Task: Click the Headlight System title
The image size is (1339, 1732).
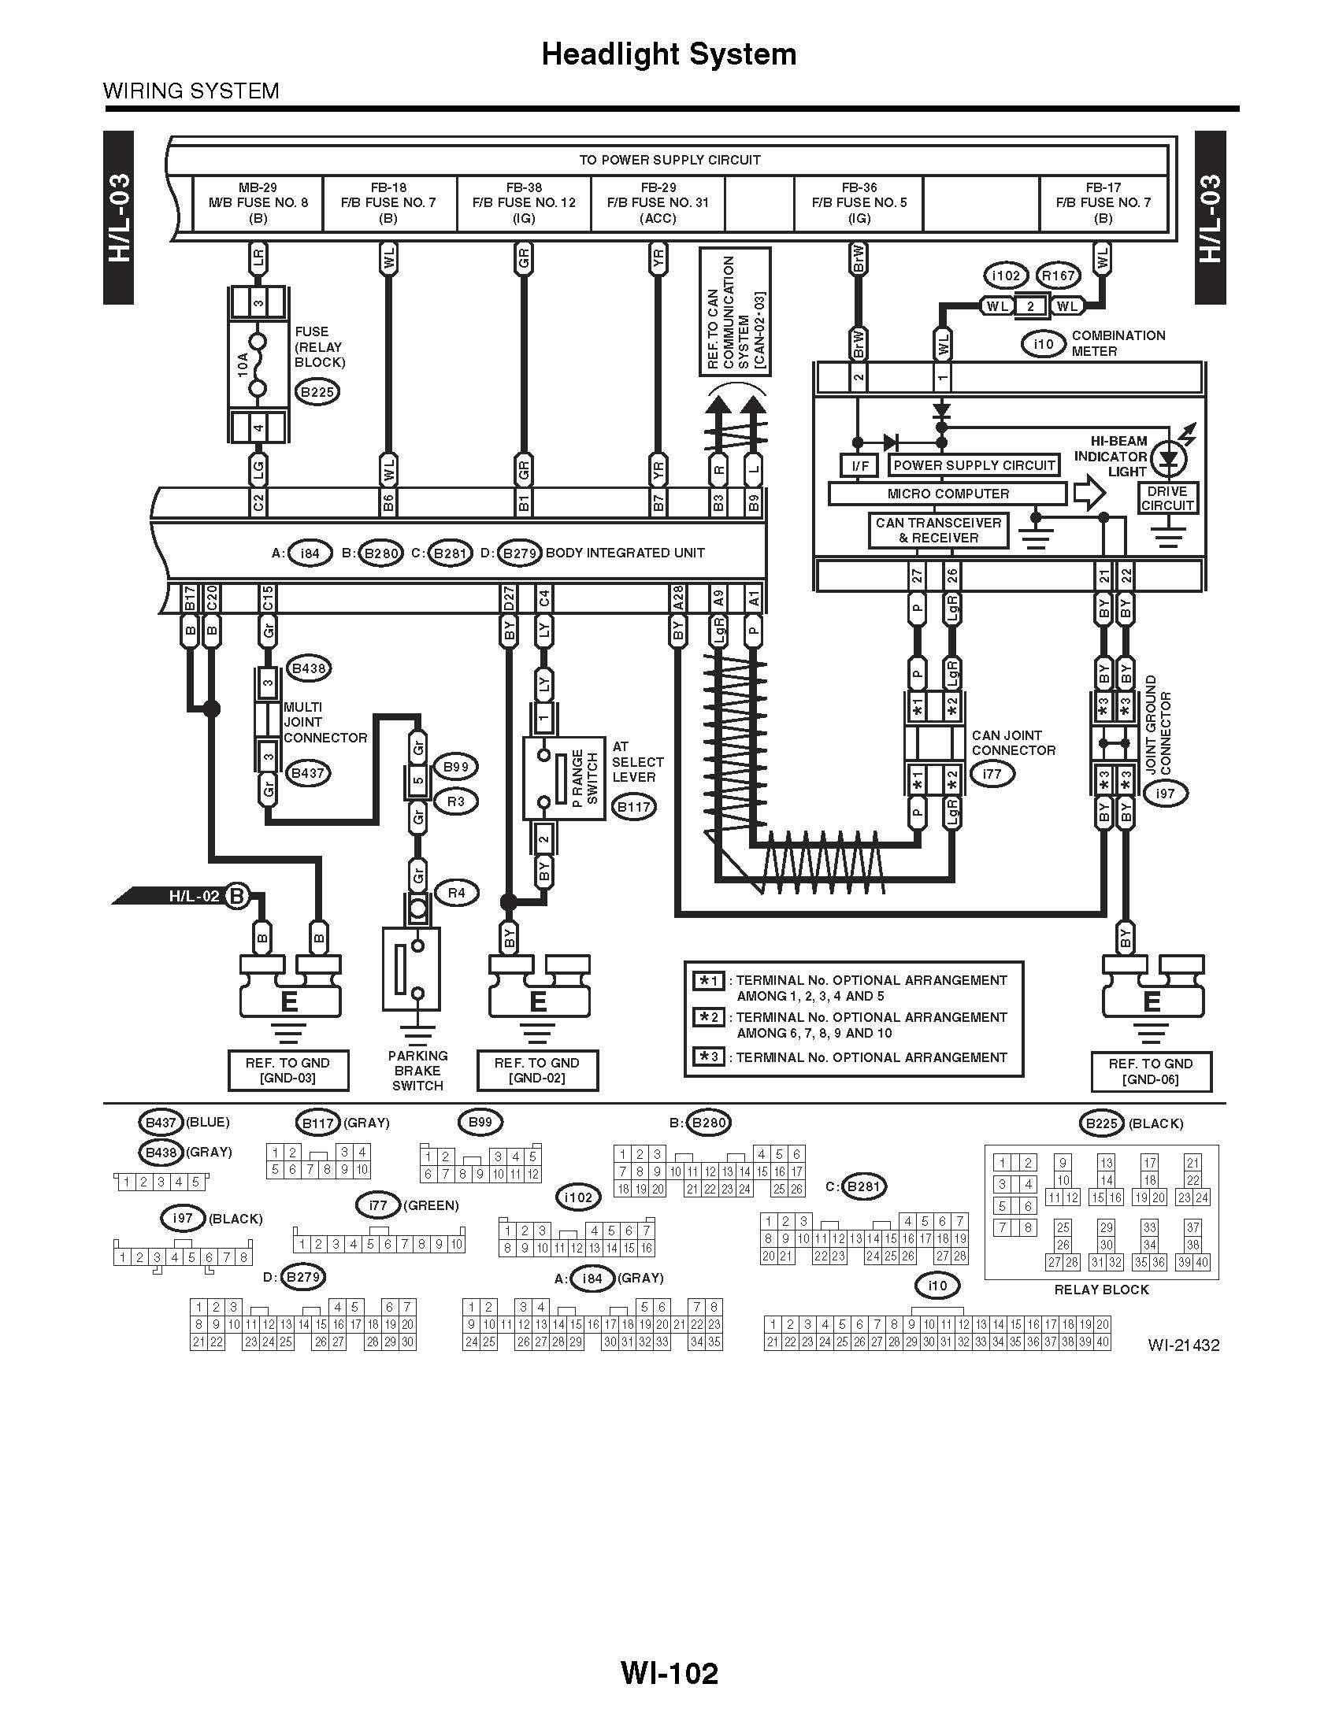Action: tap(669, 54)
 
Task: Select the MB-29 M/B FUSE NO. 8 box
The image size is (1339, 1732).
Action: tap(258, 203)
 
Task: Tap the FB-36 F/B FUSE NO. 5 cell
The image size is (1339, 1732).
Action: tap(859, 203)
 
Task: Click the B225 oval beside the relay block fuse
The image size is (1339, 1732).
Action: tap(317, 392)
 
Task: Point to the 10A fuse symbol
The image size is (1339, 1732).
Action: tap(258, 365)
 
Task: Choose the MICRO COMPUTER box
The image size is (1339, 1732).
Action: tap(947, 494)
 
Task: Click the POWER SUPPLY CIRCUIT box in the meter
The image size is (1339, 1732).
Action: tap(974, 465)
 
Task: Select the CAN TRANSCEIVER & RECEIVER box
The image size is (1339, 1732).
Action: tap(938, 531)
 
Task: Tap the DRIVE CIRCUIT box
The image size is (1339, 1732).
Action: tap(1167, 498)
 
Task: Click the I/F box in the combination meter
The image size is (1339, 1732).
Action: tap(860, 465)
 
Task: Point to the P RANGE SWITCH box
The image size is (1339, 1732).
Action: tap(564, 778)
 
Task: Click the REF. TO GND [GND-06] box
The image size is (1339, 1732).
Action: tap(1151, 1071)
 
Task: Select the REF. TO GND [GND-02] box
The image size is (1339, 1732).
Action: tap(537, 1071)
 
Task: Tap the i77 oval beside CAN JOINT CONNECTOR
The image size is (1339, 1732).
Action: tap(992, 773)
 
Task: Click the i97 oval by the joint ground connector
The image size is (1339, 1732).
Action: tap(1165, 794)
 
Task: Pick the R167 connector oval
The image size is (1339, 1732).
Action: tap(1058, 276)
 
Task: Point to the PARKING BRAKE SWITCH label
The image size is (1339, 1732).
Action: tap(417, 1071)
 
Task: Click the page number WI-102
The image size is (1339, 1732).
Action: tap(669, 1674)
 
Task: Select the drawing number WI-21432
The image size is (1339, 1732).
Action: tap(1183, 1345)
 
